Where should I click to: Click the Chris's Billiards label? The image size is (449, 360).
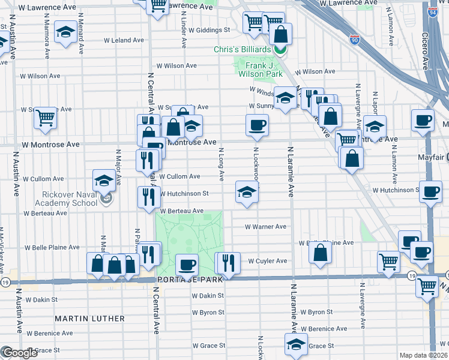click(x=243, y=49)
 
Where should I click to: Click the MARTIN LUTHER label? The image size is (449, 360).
click(x=90, y=319)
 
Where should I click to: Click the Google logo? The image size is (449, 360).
click(x=20, y=353)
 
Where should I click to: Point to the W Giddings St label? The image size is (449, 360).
click(x=209, y=29)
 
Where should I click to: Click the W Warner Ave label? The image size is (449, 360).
click(x=265, y=227)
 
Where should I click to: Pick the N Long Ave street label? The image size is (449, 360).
click(x=221, y=165)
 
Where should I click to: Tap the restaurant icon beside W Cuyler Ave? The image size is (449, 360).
click(x=229, y=261)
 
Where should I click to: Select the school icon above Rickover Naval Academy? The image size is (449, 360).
click(x=104, y=179)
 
